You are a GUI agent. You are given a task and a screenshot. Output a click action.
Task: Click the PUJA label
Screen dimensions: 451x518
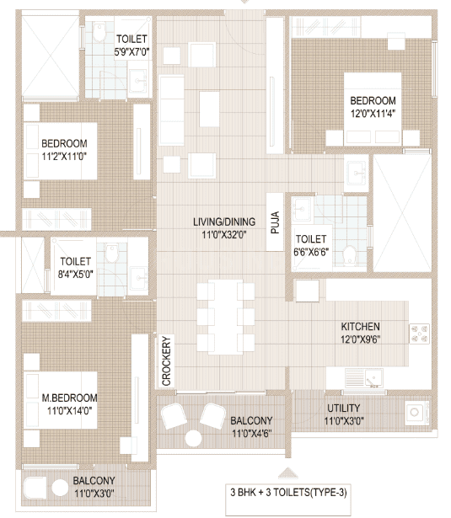pyautogui.click(x=275, y=222)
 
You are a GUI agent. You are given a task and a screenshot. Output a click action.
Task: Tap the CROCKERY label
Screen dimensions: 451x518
pyautogui.click(x=166, y=360)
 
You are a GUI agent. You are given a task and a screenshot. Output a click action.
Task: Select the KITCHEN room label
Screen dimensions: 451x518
pyautogui.click(x=360, y=327)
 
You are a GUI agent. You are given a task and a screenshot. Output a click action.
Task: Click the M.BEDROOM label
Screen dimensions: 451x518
pyautogui.click(x=69, y=398)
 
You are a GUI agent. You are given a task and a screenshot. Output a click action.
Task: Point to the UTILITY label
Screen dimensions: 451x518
pyautogui.click(x=344, y=408)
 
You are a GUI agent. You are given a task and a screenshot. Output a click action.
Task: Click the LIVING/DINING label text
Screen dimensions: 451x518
pyautogui.click(x=224, y=222)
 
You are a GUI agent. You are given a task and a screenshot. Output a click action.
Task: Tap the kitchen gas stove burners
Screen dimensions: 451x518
pyautogui.click(x=419, y=334)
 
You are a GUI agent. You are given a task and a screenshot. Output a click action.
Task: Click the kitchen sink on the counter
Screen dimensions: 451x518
pyautogui.click(x=364, y=378)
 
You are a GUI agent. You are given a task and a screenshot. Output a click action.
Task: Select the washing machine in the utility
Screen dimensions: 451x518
pyautogui.click(x=417, y=412)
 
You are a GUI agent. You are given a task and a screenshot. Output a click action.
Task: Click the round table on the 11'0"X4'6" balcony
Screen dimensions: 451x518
pyautogui.click(x=193, y=438)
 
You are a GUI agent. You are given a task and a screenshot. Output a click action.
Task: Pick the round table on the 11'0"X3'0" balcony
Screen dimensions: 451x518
pyautogui.click(x=60, y=488)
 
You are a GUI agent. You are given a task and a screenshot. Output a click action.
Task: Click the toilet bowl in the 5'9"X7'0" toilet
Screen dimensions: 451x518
pyautogui.click(x=99, y=32)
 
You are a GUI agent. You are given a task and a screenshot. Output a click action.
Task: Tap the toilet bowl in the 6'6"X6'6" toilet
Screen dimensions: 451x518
pyautogui.click(x=349, y=256)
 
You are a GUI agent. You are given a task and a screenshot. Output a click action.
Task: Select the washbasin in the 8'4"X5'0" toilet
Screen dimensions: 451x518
pyautogui.click(x=139, y=277)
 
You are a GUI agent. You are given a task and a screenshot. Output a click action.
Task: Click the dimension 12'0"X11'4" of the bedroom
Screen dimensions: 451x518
pyautogui.click(x=373, y=114)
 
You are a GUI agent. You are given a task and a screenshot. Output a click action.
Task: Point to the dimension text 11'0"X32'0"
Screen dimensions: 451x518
pyautogui.click(x=224, y=235)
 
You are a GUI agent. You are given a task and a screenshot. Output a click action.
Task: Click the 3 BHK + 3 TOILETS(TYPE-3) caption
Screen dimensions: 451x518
pyautogui.click(x=288, y=492)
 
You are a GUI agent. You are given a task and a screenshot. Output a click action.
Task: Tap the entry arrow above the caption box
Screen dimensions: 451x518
pyautogui.click(x=288, y=473)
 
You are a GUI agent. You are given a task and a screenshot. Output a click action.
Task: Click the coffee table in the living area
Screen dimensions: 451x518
pyautogui.click(x=209, y=109)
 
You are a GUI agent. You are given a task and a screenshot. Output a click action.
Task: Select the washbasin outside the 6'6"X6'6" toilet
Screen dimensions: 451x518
pyautogui.click(x=356, y=174)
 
